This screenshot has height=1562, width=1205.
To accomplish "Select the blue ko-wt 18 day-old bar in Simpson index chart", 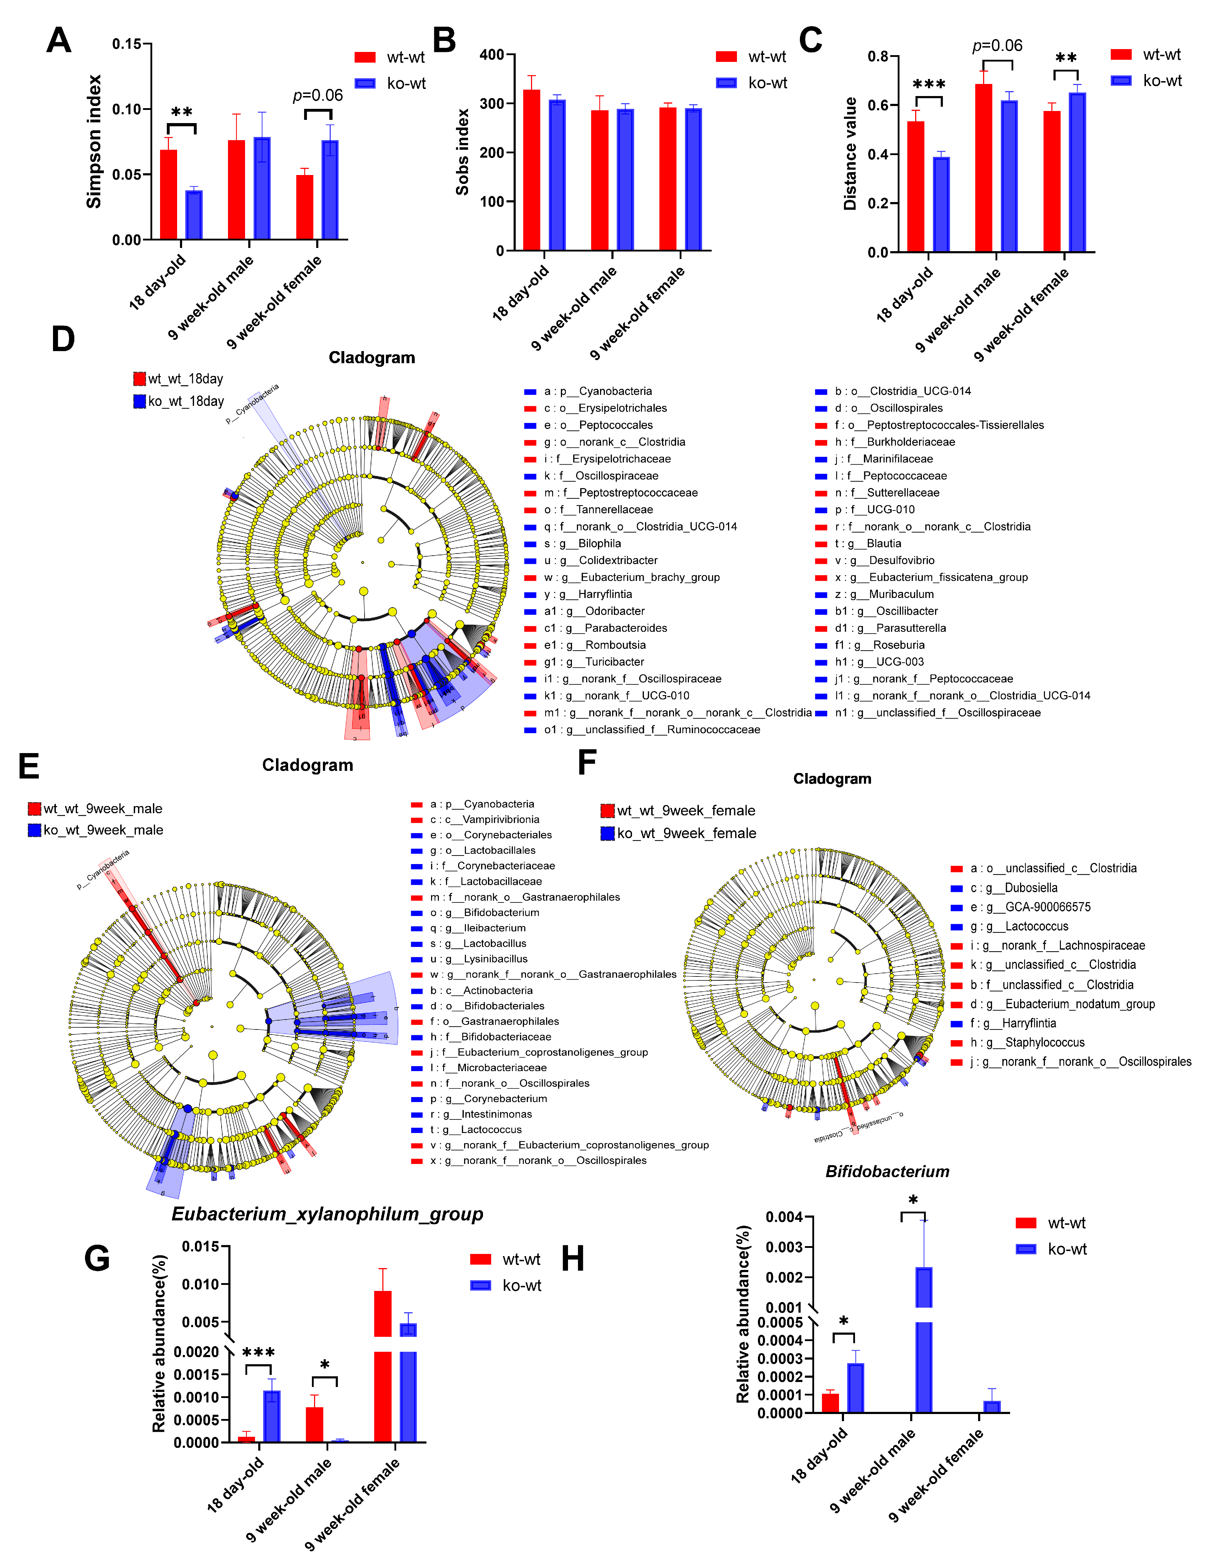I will (x=194, y=215).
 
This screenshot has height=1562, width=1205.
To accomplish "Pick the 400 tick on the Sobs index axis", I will (x=491, y=55).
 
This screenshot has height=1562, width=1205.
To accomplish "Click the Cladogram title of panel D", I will (x=371, y=358).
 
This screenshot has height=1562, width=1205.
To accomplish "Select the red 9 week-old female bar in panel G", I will (x=383, y=1366).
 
